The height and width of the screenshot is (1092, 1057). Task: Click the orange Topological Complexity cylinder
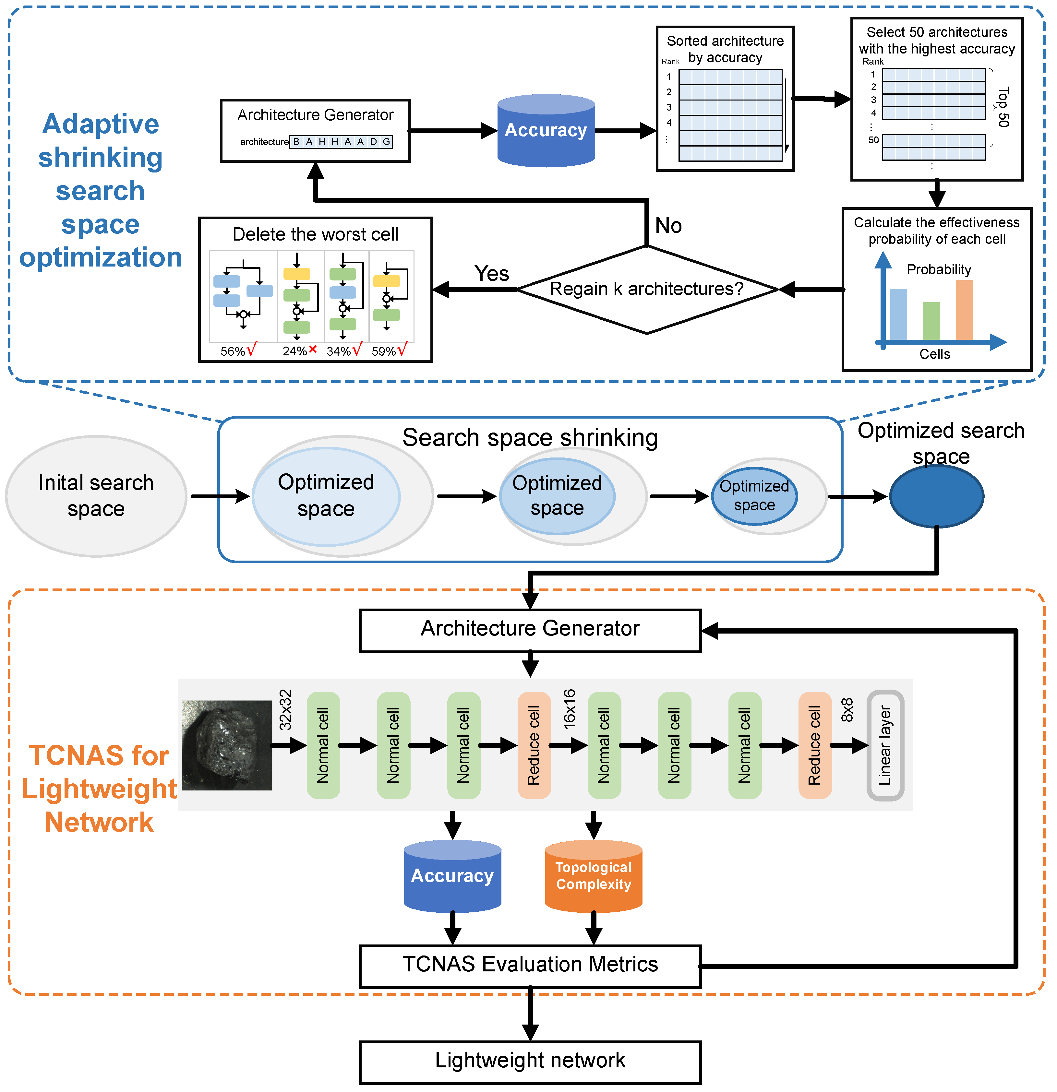point(594,876)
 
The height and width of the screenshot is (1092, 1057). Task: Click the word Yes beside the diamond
point(491,274)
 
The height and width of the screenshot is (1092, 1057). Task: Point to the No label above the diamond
point(668,226)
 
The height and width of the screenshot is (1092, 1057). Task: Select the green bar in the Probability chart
point(931,321)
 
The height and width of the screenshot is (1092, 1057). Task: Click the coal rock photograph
point(227,745)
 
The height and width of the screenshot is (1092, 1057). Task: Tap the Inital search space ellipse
point(96,496)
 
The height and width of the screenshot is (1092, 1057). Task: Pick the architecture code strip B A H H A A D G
point(341,141)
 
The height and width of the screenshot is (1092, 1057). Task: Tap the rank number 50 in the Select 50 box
point(873,140)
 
